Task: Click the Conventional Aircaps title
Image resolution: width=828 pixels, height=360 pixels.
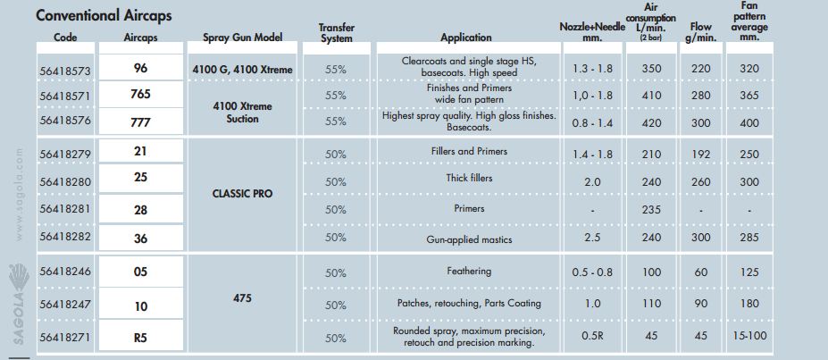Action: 104,15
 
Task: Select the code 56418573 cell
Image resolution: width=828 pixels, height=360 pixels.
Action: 65,69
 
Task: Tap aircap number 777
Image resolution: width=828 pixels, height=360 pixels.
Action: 140,122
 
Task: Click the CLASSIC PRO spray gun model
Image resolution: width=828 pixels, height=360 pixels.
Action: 242,194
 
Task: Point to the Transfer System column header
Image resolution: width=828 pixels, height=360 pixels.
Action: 337,33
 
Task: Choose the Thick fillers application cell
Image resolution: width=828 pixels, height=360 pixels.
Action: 469,179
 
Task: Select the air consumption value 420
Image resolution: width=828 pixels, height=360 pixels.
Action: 651,123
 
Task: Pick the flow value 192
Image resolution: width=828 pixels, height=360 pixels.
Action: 700,155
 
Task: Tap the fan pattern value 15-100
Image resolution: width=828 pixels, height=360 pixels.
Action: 749,336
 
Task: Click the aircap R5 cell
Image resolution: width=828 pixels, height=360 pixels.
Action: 140,338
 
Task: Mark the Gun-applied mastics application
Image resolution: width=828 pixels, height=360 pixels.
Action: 469,239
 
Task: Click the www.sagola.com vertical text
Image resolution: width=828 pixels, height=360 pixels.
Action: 20,195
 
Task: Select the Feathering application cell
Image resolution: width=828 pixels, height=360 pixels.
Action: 469,272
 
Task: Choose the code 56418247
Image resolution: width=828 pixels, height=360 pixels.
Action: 65,306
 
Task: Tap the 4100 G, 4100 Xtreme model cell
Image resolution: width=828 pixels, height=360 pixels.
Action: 242,69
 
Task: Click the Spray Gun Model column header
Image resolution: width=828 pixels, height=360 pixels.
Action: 242,38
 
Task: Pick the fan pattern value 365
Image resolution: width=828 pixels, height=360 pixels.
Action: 749,96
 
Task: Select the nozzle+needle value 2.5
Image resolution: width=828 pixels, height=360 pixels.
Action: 592,238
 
